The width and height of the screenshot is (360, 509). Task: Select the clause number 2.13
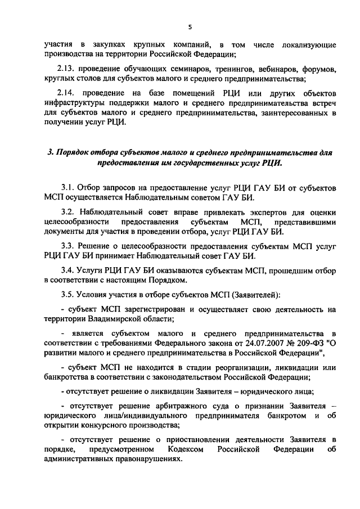pos(69,69)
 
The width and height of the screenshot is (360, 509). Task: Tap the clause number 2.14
pos(69,93)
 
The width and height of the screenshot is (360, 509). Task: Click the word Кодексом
pos(186,450)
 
